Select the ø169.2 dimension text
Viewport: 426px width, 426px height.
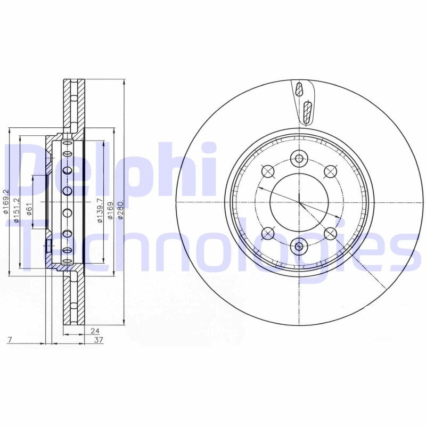[x=6, y=202]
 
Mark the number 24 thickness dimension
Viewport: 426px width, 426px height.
[x=96, y=330]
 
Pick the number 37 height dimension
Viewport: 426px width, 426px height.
[x=98, y=340]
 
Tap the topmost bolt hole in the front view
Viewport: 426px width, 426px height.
[x=299, y=158]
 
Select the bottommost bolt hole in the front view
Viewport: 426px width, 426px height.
[x=299, y=246]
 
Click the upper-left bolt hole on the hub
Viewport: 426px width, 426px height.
[x=268, y=171]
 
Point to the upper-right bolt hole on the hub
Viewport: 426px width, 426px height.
[x=330, y=171]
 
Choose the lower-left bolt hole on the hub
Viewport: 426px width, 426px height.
[x=268, y=233]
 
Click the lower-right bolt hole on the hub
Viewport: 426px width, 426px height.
[x=330, y=233]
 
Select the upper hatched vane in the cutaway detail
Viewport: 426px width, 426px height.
[x=299, y=89]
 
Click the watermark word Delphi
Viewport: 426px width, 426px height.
[x=112, y=170]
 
